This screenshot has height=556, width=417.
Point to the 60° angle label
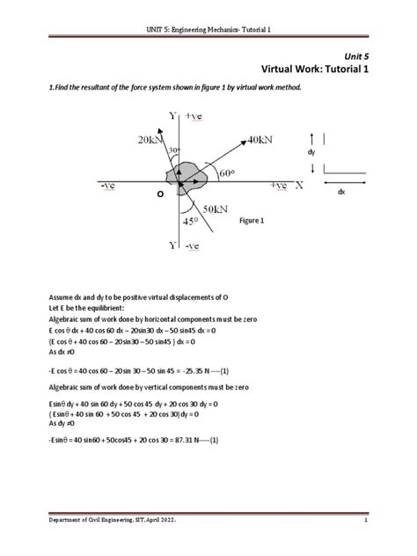click(x=230, y=172)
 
